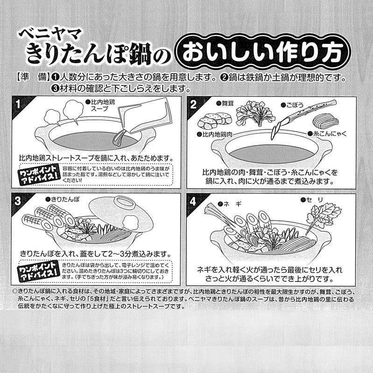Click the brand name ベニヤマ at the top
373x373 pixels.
50,34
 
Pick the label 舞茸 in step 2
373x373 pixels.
225,103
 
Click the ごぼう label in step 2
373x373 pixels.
293,105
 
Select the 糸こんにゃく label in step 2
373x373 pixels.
328,134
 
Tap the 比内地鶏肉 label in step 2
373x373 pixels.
215,134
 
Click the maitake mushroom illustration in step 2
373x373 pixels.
255,113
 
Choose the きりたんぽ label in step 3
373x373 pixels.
63,199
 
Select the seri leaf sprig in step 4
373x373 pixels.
324,217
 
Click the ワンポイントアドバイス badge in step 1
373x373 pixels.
39,175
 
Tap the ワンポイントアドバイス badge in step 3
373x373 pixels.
38,271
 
